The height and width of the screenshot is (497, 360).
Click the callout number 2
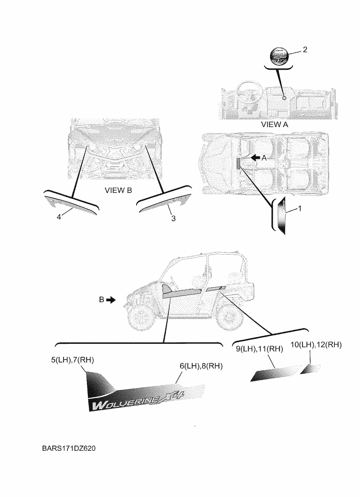pos(305,50)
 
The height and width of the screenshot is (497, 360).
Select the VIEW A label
pos(274,125)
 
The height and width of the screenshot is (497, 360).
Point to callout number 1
pos(300,209)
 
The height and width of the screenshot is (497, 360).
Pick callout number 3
pos(173,218)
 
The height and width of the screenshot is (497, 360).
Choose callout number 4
pos(59,217)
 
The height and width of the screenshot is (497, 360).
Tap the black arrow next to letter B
pos(110,300)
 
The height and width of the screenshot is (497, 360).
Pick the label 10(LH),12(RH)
pos(316,345)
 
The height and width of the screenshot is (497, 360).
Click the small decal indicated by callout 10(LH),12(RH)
pos(310,369)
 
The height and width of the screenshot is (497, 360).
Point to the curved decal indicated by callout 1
pos(281,214)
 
